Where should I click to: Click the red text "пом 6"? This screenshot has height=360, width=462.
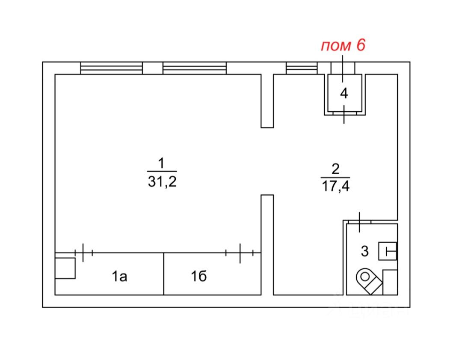tap(343, 45)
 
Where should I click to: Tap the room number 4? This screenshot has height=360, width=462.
tap(344, 94)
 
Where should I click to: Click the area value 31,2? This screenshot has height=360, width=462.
tap(161, 182)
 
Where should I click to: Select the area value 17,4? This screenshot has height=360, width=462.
tap(335, 187)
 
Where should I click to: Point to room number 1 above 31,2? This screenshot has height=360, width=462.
tap(161, 163)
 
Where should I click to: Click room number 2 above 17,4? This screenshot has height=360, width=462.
tap(335, 168)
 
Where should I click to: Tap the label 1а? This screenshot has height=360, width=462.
tap(120, 277)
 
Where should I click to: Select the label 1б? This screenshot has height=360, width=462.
tap(199, 277)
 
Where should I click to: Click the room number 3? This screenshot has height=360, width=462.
tap(364, 251)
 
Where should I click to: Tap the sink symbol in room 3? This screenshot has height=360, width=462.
tap(388, 251)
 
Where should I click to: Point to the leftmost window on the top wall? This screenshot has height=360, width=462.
tap(111, 68)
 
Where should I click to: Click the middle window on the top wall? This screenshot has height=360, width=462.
tap(194, 68)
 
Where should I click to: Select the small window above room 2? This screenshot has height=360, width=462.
tap(302, 68)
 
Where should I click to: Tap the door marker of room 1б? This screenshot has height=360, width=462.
tap(240, 253)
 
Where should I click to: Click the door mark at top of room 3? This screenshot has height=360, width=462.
tap(359, 222)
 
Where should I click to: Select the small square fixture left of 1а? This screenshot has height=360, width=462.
tap(65, 268)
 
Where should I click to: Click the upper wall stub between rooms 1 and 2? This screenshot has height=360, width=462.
tap(267, 101)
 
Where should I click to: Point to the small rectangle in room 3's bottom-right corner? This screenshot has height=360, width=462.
tap(390, 282)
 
